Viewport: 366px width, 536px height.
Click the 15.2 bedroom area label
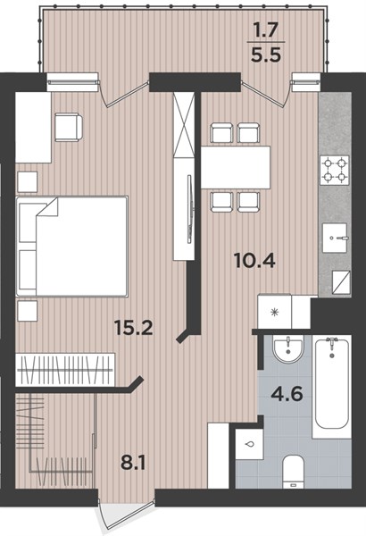pyautogui.click(x=134, y=329)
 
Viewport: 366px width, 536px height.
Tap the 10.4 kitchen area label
pyautogui.click(x=255, y=262)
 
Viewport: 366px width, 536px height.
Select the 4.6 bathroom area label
pyautogui.click(x=287, y=394)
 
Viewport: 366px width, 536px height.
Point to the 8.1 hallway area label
pyautogui.click(x=133, y=464)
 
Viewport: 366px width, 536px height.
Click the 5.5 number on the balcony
pyautogui.click(x=266, y=54)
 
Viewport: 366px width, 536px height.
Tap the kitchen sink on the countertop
pyautogui.click(x=336, y=238)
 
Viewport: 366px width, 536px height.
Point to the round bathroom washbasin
pyautogui.click(x=288, y=349)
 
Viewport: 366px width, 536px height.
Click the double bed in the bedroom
pyautogui.click(x=71, y=246)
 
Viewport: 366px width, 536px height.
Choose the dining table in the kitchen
pyautogui.click(x=236, y=167)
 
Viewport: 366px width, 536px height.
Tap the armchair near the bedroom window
pyautogui.click(x=69, y=127)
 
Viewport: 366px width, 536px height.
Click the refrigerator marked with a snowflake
pyautogui.click(x=274, y=312)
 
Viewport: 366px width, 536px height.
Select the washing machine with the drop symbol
pyautogui.click(x=249, y=444)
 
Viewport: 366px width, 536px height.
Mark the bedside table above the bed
pyautogui.click(x=27, y=182)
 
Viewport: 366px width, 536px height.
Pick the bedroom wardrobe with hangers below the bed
pyautogui.click(x=65, y=370)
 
